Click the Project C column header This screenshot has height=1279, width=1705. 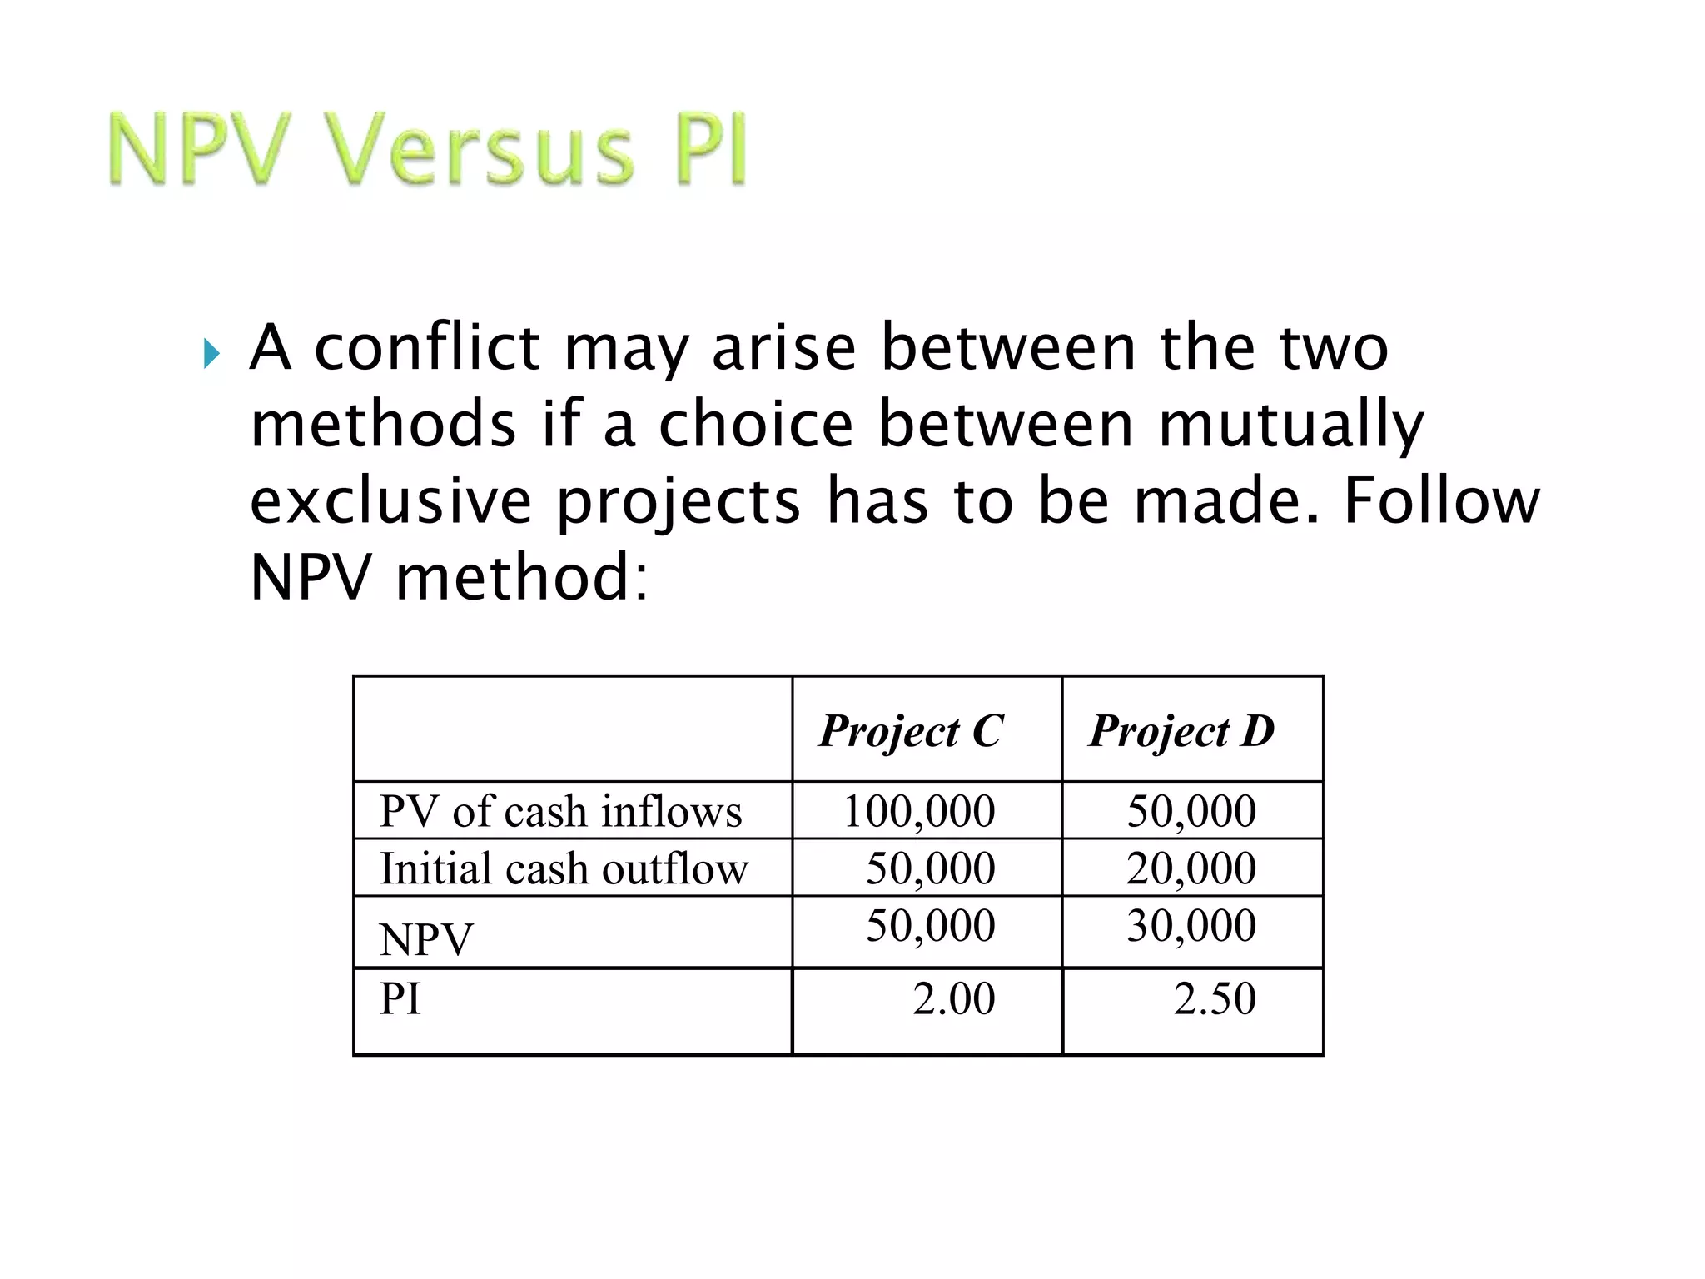pos(912,731)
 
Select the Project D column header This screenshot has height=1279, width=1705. pos(1182,731)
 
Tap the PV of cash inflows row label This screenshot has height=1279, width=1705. pos(560,811)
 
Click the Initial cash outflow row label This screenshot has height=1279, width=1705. pos(564,868)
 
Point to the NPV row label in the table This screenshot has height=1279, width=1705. pos(425,939)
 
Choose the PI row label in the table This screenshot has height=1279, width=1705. pos(400,998)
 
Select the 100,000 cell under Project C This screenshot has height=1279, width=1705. pos(919,811)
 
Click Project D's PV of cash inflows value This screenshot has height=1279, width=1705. pos(1191,811)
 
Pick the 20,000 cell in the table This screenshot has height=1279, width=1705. pos(1191,868)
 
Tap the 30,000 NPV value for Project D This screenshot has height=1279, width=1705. pos(1191,925)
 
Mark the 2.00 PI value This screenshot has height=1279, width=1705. pos(953,998)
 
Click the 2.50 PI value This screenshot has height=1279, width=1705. pos(1215,998)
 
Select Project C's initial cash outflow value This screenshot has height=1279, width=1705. pos(931,868)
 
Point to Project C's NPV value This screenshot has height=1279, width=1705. pos(931,925)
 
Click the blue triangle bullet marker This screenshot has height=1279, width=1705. pos(211,354)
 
